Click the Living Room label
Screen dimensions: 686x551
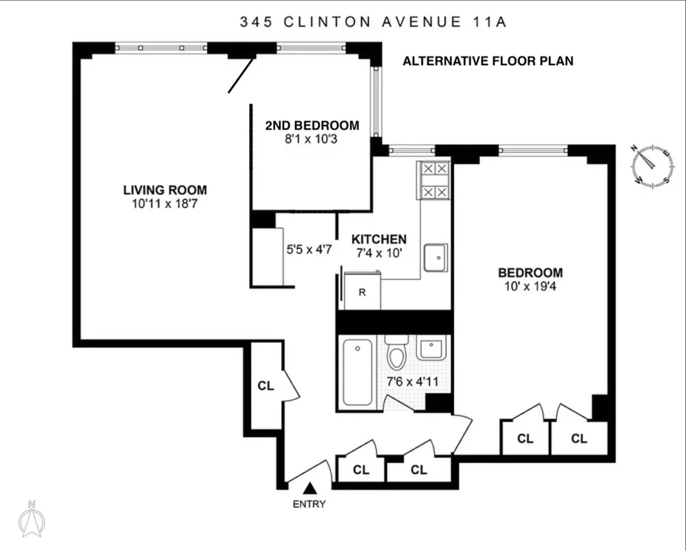coord(165,190)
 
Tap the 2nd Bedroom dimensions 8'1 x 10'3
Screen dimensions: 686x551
coord(311,139)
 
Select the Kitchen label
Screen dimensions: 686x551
coord(379,239)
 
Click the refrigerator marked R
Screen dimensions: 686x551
coord(362,291)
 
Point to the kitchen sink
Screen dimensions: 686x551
coord(436,258)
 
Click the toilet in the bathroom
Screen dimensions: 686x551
coord(397,351)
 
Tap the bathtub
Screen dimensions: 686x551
coord(358,373)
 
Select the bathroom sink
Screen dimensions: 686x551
coord(431,347)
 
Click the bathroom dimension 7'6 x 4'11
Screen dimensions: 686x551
coord(412,382)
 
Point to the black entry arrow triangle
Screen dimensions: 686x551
coord(310,488)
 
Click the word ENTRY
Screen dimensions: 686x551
coord(309,504)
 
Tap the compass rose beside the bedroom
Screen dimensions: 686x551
coord(652,166)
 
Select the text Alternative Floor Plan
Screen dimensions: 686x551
coord(488,61)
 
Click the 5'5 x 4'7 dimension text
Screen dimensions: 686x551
coord(309,250)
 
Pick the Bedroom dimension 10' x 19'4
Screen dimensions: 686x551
coord(530,287)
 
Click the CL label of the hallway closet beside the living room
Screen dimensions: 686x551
coord(265,386)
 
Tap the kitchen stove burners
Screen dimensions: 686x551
coord(436,180)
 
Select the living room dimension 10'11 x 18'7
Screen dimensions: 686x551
coord(165,204)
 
